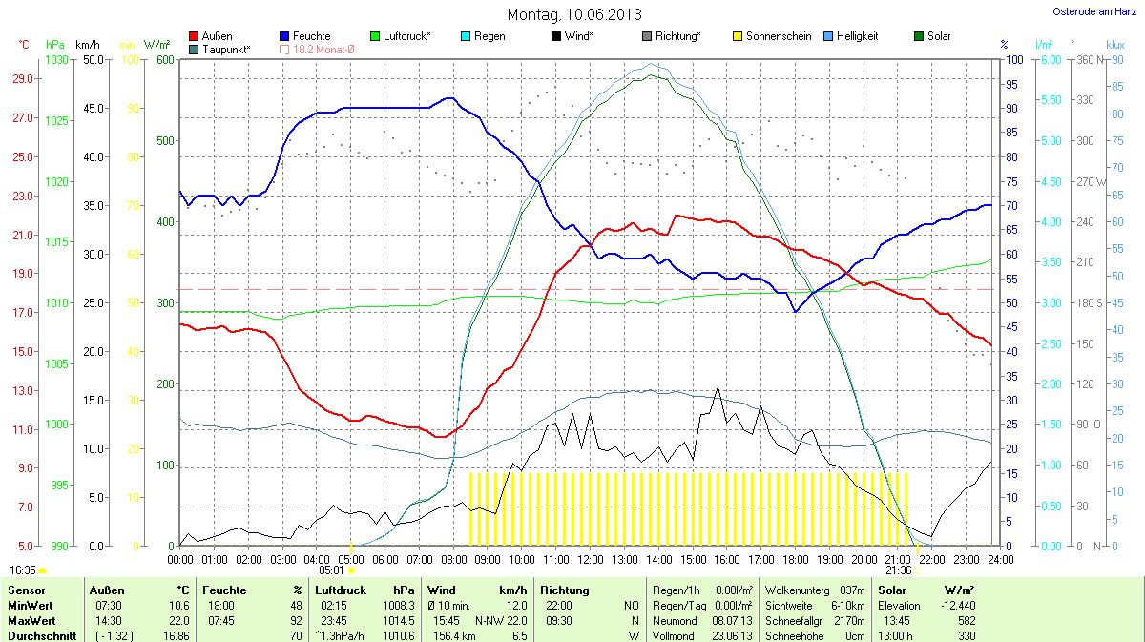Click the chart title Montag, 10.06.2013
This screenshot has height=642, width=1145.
pyautogui.click(x=573, y=14)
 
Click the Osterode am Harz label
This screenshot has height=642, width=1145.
pyautogui.click(x=1092, y=11)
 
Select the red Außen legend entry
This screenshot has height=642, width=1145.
pyautogui.click(x=211, y=36)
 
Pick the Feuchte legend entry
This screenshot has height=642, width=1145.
pyautogui.click(x=304, y=36)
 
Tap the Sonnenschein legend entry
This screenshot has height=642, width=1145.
pyautogui.click(x=772, y=36)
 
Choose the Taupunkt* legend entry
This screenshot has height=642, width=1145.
pyautogui.click(x=219, y=49)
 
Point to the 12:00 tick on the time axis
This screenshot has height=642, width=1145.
pyautogui.click(x=590, y=558)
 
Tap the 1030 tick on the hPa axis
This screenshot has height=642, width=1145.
pyautogui.click(x=56, y=60)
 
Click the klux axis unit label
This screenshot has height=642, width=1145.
pyautogui.click(x=1114, y=44)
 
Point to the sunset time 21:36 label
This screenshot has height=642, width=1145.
pyautogui.click(x=898, y=570)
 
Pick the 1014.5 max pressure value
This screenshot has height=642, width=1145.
pyautogui.click(x=398, y=620)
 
